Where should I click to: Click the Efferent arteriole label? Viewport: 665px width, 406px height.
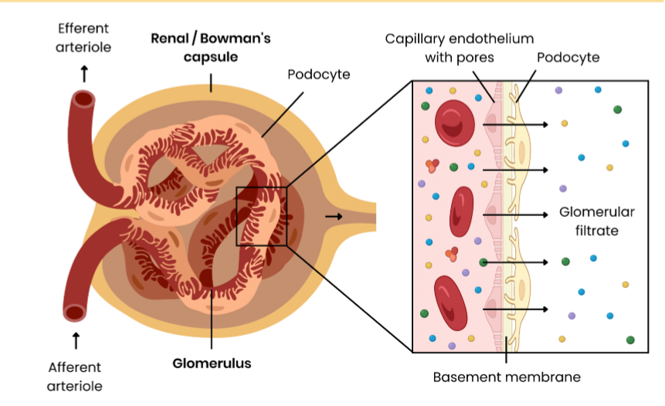tap(84, 38)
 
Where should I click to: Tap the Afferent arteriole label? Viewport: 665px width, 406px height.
tap(75, 376)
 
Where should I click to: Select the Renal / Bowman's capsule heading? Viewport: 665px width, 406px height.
tap(211, 47)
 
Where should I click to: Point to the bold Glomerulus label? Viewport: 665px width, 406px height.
tap(211, 363)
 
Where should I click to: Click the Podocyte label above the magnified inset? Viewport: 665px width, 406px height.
tap(568, 58)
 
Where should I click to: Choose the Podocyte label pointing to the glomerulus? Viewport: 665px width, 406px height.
tap(319, 75)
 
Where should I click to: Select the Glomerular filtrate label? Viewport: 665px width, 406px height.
tap(596, 221)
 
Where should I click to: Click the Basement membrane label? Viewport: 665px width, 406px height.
tap(506, 377)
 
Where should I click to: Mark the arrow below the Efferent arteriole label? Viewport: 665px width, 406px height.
tap(84, 73)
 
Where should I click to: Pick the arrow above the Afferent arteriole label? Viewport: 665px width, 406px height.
tap(75, 340)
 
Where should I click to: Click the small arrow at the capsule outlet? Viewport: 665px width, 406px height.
tap(333, 216)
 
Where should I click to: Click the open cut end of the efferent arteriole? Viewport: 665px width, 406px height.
tap(83, 100)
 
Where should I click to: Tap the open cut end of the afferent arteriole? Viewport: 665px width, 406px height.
tap(75, 312)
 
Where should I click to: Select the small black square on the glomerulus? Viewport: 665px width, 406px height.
tap(261, 216)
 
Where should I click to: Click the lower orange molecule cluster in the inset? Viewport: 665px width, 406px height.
tap(451, 253)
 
